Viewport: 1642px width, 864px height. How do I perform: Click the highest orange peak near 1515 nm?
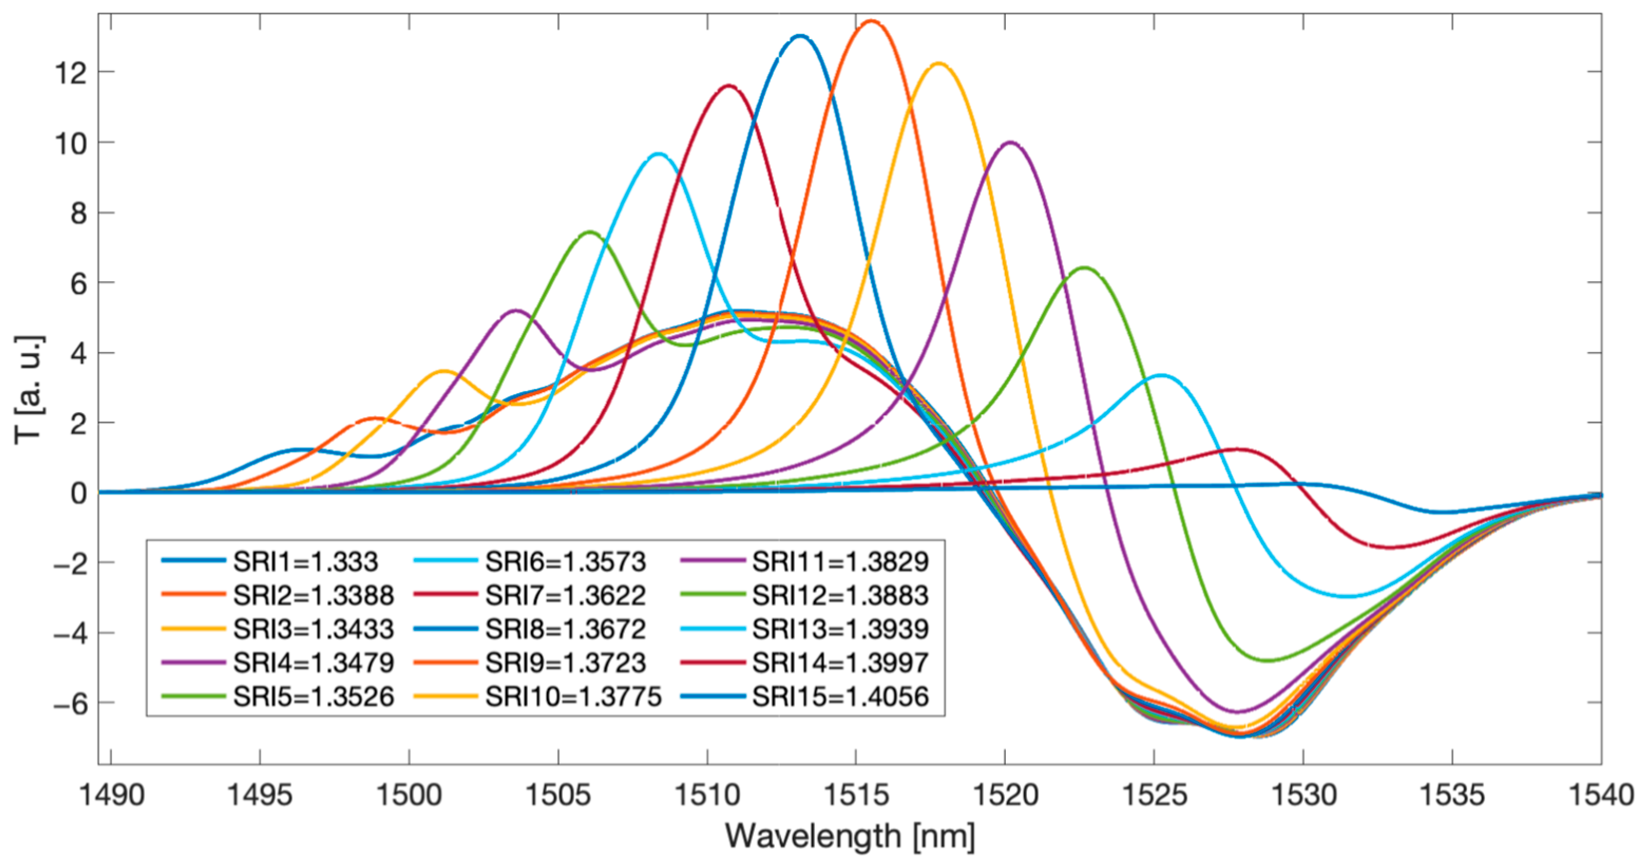(870, 21)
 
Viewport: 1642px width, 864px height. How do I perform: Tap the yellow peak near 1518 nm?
(939, 63)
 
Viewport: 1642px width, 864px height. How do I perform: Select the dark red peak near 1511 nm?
(728, 85)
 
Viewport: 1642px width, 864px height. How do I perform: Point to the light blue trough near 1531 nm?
(1348, 596)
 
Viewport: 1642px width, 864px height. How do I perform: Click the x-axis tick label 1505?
(559, 795)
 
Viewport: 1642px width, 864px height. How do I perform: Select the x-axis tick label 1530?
(1303, 795)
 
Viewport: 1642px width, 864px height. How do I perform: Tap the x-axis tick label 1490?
(111, 795)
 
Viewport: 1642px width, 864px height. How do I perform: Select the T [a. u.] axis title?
(28, 389)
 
